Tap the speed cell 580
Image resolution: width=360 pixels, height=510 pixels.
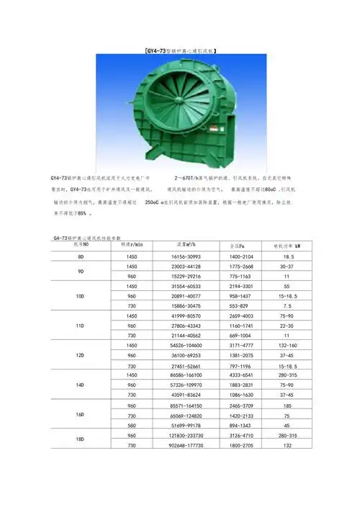(x=131, y=426)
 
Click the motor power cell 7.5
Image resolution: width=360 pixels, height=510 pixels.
(x=289, y=306)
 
